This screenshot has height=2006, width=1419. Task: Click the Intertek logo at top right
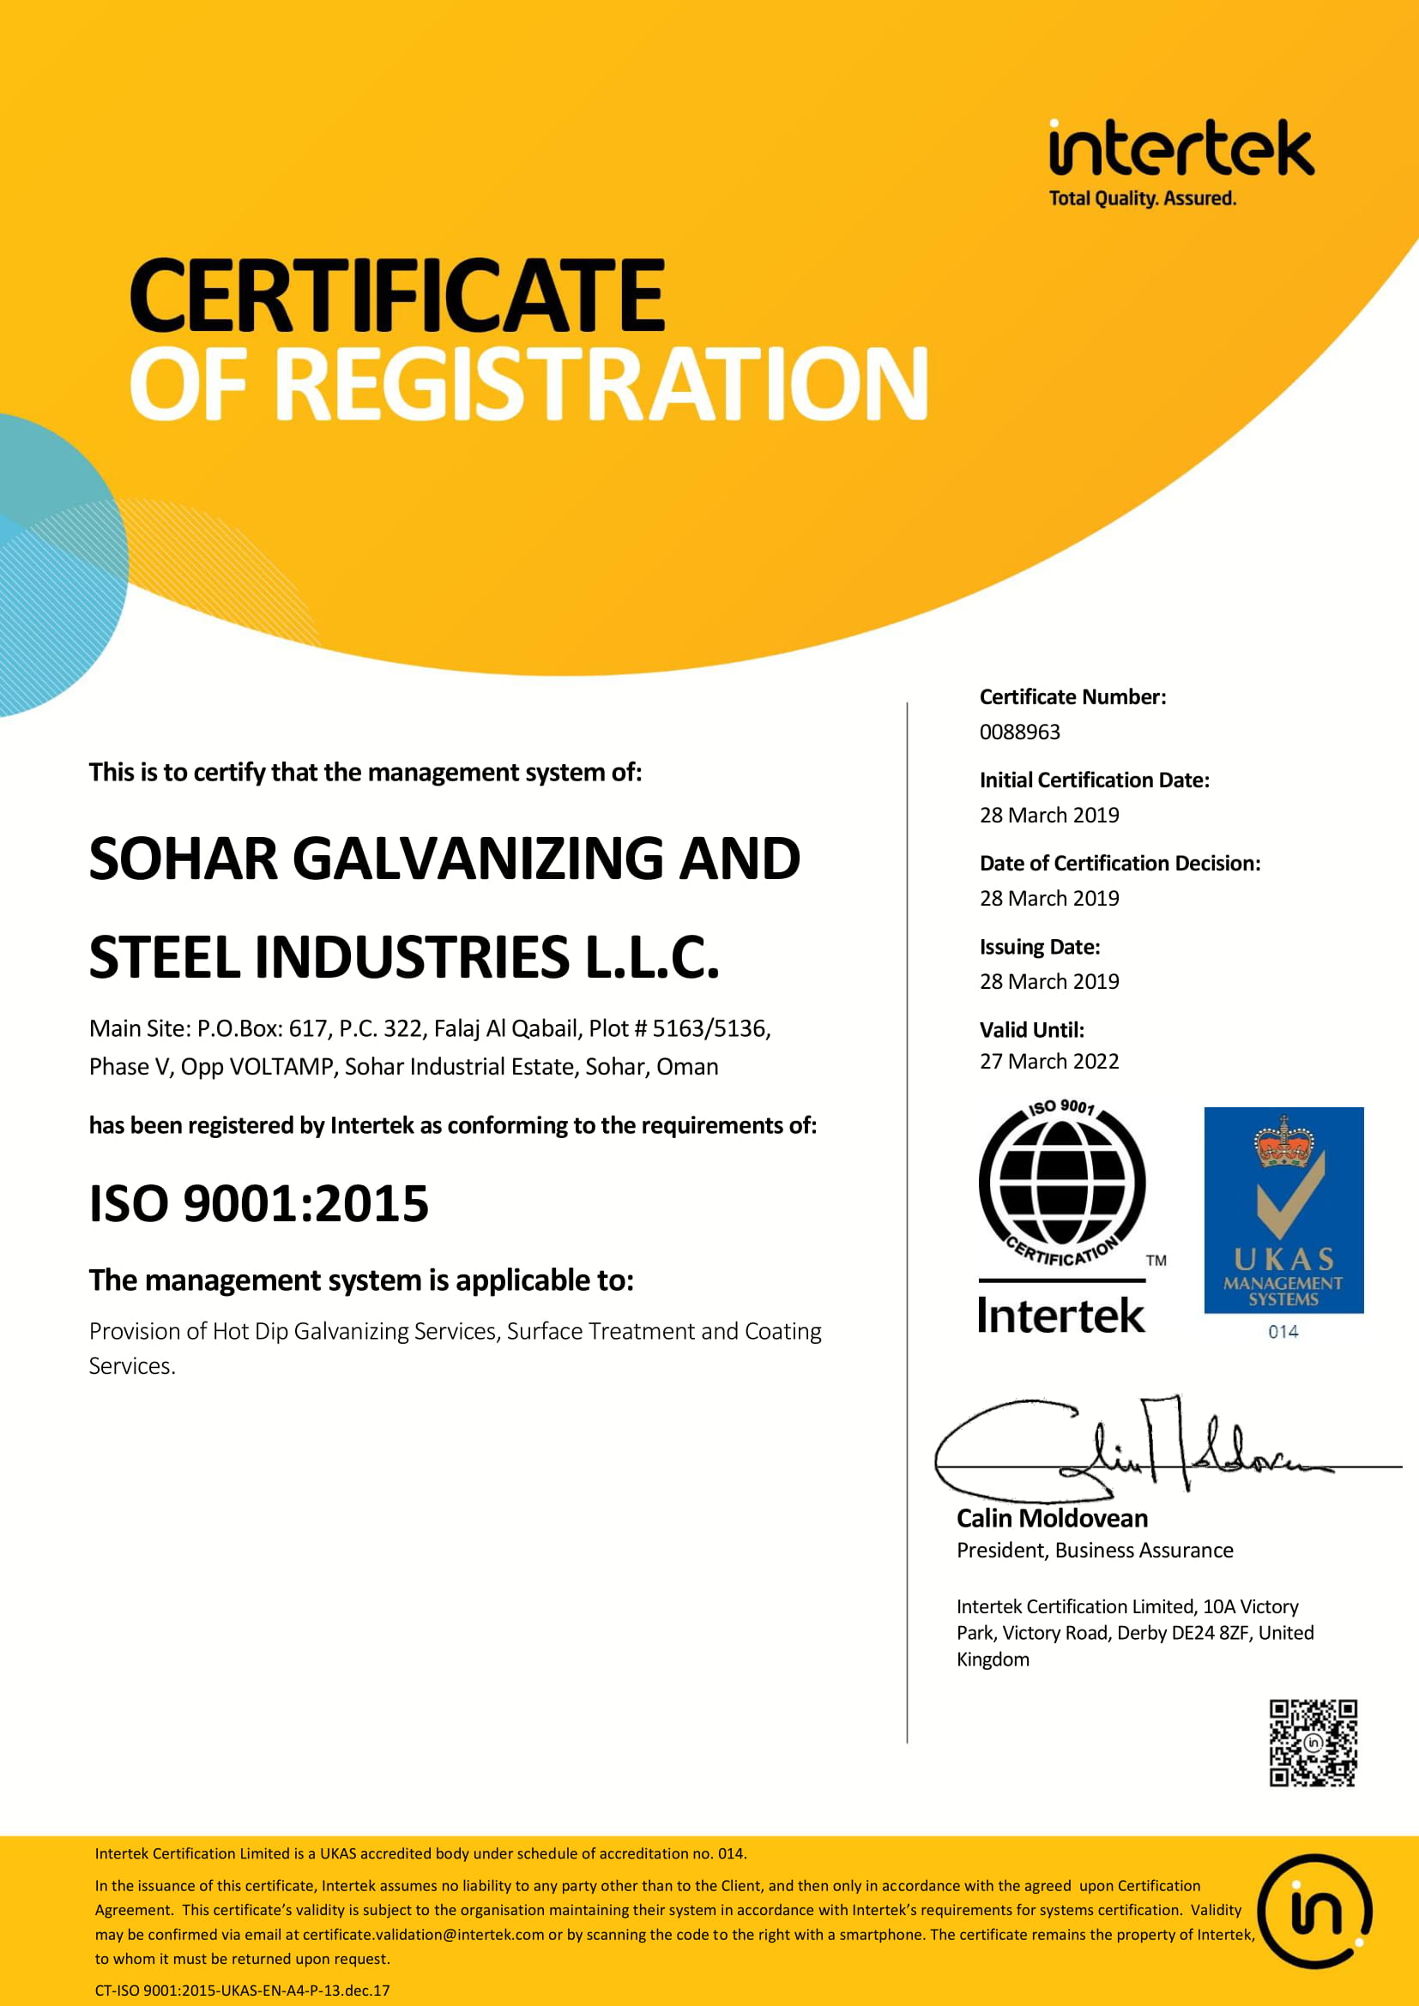point(1180,161)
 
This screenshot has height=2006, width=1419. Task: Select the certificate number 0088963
point(1019,732)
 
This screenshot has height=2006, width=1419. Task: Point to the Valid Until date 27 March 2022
point(1048,1062)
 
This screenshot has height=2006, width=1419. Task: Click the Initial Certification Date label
point(1094,780)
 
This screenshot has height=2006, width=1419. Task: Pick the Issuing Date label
point(1039,947)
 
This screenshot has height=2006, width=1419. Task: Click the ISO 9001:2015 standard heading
point(258,1204)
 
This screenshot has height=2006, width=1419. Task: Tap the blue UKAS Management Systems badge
point(1283,1210)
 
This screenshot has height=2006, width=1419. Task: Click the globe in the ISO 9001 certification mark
point(1061,1182)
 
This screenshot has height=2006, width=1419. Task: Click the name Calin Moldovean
point(1052,1519)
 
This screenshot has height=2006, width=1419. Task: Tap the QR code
point(1313,1743)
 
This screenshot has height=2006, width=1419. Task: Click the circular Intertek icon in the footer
point(1314,1912)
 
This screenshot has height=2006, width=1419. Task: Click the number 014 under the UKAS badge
point(1283,1332)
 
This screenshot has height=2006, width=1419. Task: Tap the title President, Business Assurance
point(1094,1550)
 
